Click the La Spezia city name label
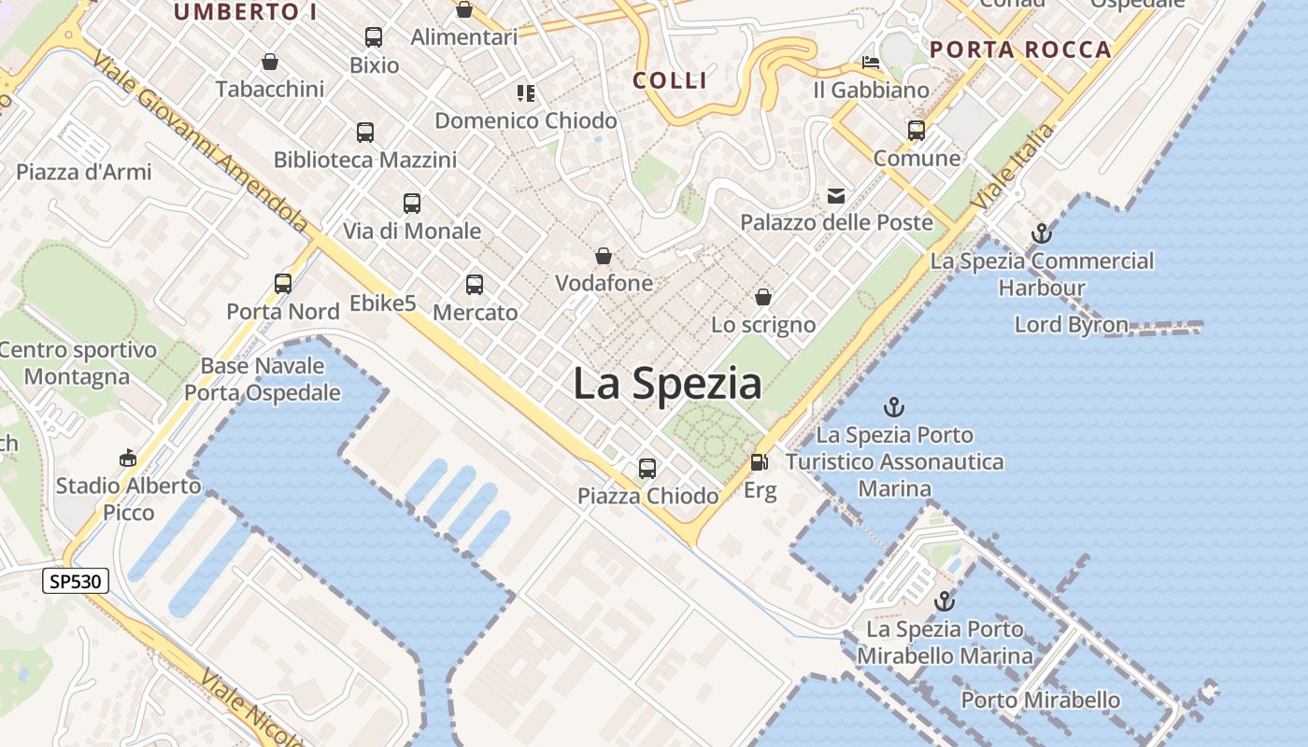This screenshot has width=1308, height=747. pos(667,384)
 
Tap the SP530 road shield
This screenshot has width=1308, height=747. pos(77,582)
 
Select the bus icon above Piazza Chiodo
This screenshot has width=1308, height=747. pos(647,468)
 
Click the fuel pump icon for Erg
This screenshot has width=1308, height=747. pos(760,462)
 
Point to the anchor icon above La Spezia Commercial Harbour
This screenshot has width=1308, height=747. pos(1041,233)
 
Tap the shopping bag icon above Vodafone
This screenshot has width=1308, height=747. pos(604,255)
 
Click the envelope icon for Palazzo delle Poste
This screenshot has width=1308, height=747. pos(835,196)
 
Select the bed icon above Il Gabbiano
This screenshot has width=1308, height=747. pos(871,63)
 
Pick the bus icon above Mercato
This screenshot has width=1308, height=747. pos(475,285)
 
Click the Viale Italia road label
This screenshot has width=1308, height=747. pos(1013,166)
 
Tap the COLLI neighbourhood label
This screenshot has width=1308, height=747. pos(670,80)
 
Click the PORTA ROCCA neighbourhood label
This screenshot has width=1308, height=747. pos(1020,49)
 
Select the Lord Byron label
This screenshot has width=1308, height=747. pos(1072,325)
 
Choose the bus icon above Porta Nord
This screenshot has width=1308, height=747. pos(283,283)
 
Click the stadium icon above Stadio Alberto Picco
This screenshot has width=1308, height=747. pos(128,458)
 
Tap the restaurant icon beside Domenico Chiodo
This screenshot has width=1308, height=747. pos(526,93)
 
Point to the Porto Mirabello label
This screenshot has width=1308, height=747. pos(1040,699)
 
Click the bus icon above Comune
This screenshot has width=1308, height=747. pos(917,130)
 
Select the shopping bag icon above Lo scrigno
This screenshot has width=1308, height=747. pos(763,297)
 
